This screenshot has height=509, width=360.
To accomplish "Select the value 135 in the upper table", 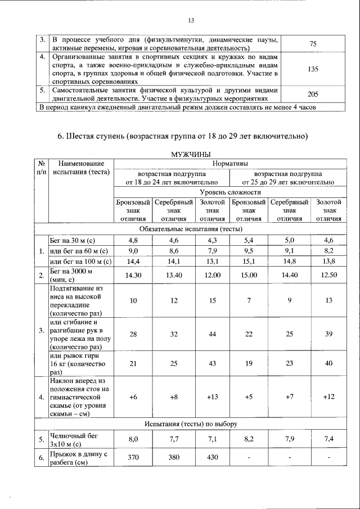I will coord(314,69).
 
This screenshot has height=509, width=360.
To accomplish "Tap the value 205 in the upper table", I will coord(314,94).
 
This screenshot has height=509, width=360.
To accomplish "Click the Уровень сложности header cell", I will coord(229,192).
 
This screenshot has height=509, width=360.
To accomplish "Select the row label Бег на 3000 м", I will coord(71,274).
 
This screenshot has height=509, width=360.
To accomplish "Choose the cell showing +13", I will coord(212,397).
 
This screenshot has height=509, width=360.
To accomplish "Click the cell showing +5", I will coord(249,397).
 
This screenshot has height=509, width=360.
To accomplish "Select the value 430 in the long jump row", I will coord(212,457).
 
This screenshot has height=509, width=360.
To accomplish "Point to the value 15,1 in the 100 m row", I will coord(249,261).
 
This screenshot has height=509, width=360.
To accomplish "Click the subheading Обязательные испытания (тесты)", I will coord(190,229).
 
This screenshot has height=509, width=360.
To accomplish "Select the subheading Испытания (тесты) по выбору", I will coord(190,423).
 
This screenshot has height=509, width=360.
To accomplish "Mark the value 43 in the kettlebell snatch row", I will coord(212,364).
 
